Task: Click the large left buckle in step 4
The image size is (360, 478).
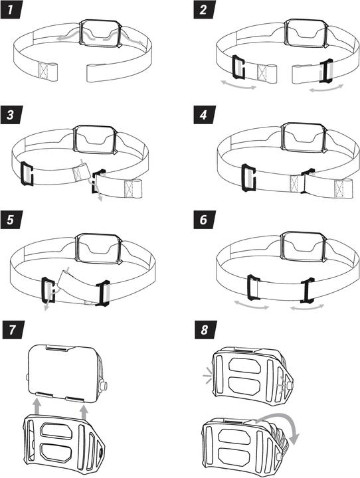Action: point(248,177)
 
